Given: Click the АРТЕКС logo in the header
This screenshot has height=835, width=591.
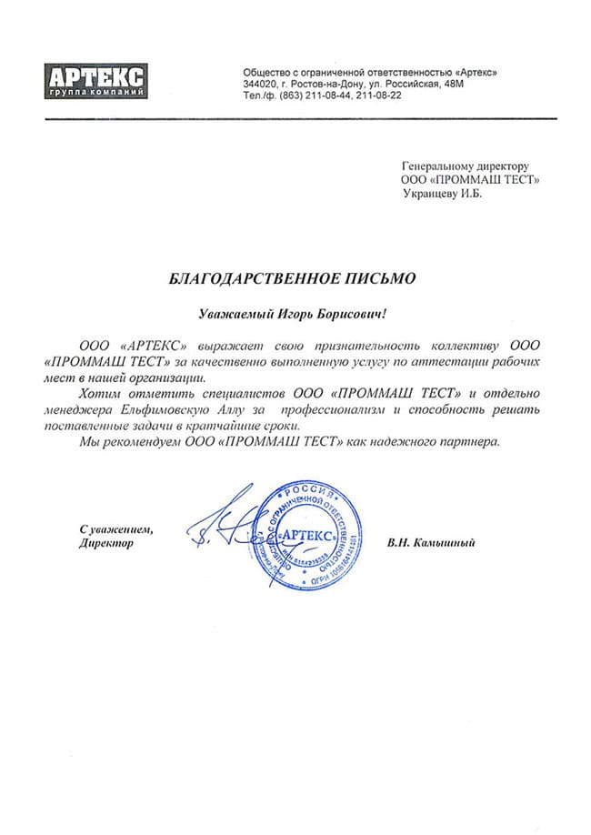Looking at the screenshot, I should click(x=95, y=79).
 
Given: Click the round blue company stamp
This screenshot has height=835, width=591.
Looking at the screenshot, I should click(x=307, y=536).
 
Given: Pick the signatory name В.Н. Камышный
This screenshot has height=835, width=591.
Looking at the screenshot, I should click(x=431, y=543).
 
